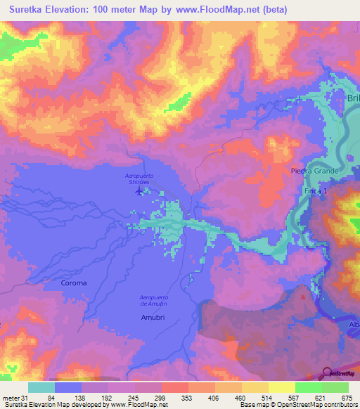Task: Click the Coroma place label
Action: [x=74, y=283]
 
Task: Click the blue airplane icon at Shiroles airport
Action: [x=139, y=190]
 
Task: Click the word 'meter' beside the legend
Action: [x=11, y=398]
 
